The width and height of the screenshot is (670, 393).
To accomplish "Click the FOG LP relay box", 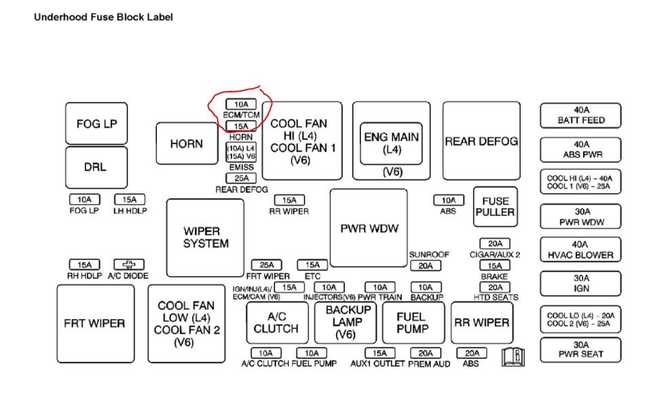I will click(97, 123).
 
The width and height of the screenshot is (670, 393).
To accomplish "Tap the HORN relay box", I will click(186, 144).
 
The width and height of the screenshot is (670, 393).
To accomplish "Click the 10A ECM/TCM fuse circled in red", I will click(241, 105).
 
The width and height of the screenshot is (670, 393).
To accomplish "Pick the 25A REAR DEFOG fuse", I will click(241, 179).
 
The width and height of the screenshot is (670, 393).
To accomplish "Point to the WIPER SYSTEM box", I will click(205, 238).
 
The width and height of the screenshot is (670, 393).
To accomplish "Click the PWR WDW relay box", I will click(369, 228).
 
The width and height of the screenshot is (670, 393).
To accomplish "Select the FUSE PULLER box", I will click(495, 206).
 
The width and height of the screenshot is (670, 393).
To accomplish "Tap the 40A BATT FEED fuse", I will click(580, 115).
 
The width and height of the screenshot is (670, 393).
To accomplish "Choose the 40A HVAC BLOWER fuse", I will click(580, 249).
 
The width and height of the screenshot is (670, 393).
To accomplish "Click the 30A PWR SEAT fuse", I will click(580, 349).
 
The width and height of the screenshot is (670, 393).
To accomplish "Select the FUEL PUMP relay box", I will click(413, 322).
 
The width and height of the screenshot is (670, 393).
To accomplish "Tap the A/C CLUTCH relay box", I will click(276, 322).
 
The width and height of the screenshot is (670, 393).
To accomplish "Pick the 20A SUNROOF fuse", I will click(425, 266).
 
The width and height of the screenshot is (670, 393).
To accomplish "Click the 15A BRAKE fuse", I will click(494, 266).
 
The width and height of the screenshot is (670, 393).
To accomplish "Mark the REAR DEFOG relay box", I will click(481, 141).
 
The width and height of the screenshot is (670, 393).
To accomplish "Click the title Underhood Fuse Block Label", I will click(103, 16).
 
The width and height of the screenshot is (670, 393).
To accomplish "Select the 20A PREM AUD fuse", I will click(425, 353).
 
